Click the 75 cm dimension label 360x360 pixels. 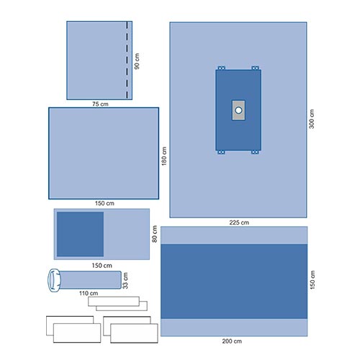(x=100, y=104)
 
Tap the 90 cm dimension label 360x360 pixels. (x=137, y=61)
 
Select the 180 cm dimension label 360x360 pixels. (x=164, y=156)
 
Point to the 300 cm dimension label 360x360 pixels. (x=311, y=119)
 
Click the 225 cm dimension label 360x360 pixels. (x=239, y=222)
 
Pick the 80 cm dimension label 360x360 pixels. (x=155, y=234)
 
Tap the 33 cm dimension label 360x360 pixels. (x=125, y=280)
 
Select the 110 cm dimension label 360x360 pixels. (x=89, y=293)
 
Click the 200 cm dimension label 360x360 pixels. (x=232, y=341)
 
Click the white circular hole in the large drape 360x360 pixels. (x=238, y=110)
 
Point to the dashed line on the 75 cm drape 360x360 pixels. (x=127, y=60)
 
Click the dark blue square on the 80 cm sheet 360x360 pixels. (x=80, y=234)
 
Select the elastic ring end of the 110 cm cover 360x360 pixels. (x=54, y=280)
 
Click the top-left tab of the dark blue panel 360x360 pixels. (x=221, y=68)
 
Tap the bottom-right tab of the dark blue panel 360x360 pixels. (x=255, y=152)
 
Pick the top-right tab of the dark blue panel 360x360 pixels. (x=255, y=68)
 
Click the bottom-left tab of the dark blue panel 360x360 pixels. (x=221, y=152)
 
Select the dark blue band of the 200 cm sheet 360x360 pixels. (x=234, y=282)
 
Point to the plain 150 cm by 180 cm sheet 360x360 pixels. (x=104, y=153)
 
